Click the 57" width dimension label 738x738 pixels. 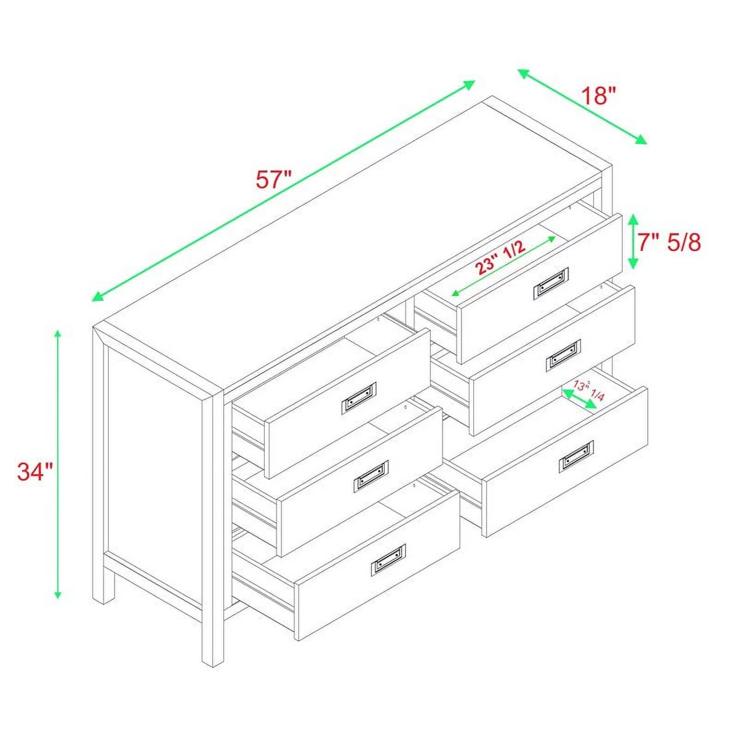pyautogui.click(x=274, y=179)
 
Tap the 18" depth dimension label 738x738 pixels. pyautogui.click(x=598, y=96)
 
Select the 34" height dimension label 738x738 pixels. pyautogui.click(x=35, y=471)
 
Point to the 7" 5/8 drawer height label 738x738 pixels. pyautogui.click(x=669, y=242)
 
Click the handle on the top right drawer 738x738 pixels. pyautogui.click(x=551, y=283)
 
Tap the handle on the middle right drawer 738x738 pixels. pyautogui.click(x=563, y=355)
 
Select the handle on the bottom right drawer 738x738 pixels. pyautogui.click(x=576, y=457)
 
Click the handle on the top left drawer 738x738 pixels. pyautogui.click(x=359, y=398)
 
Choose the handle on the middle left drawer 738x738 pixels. pyautogui.click(x=371, y=476)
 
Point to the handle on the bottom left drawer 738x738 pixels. pyautogui.click(x=388, y=560)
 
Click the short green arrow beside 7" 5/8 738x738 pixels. pyautogui.click(x=633, y=242)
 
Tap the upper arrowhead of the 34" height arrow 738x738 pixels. pyautogui.click(x=58, y=334)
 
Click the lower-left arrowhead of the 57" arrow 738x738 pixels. pyautogui.click(x=97, y=297)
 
